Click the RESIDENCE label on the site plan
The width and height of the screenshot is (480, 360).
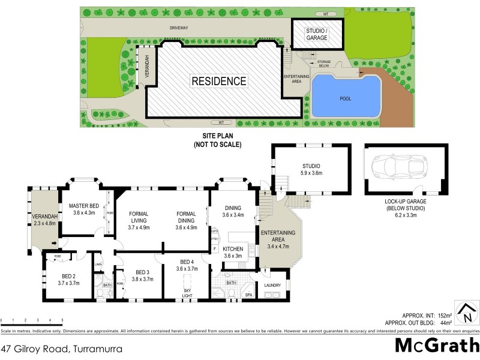coord(219,81)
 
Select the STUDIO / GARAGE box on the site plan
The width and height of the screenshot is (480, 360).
coord(317,34)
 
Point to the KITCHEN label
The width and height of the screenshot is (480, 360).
coord(232,248)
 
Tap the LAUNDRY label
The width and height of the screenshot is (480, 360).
coord(273,286)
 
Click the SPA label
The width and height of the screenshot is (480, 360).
coord(247,295)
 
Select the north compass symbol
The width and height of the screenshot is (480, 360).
coord(466,313)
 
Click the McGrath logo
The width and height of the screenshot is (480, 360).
coord(435,346)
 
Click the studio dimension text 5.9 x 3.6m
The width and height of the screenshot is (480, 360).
coord(310,174)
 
